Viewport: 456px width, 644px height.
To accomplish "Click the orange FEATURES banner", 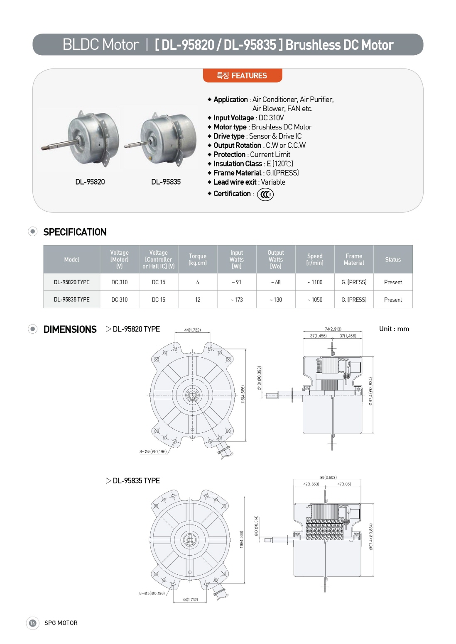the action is [x=243, y=76].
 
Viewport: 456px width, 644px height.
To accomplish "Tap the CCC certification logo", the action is [x=265, y=195].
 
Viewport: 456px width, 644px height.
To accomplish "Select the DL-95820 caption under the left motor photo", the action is [x=90, y=182].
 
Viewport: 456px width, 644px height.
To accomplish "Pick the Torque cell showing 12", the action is [x=198, y=300].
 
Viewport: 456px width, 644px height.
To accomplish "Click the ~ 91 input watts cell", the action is [x=236, y=282].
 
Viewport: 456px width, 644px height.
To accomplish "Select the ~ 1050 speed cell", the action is [x=315, y=300].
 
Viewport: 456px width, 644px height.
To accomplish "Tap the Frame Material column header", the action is [x=354, y=259].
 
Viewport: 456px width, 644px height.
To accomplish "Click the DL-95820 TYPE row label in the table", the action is [x=71, y=282].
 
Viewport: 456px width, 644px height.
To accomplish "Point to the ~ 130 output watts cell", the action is [x=276, y=300].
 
